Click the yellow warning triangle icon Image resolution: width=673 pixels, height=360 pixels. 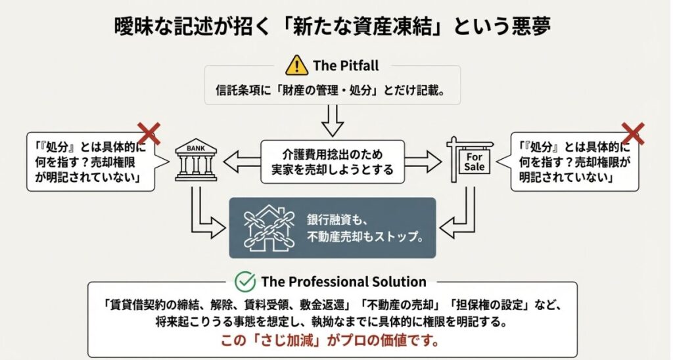pos(297,66)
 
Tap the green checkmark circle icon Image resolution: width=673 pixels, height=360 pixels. pos(246,282)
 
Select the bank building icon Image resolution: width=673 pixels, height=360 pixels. pos(195,160)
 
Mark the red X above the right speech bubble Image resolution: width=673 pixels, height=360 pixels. pos(633,133)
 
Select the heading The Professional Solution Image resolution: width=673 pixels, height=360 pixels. pos(344,282)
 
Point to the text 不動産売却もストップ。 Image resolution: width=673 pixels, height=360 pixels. pos(365,236)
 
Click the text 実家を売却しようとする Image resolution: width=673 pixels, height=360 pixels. pos(333,169)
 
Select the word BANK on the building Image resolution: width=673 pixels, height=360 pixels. pos(195,149)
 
